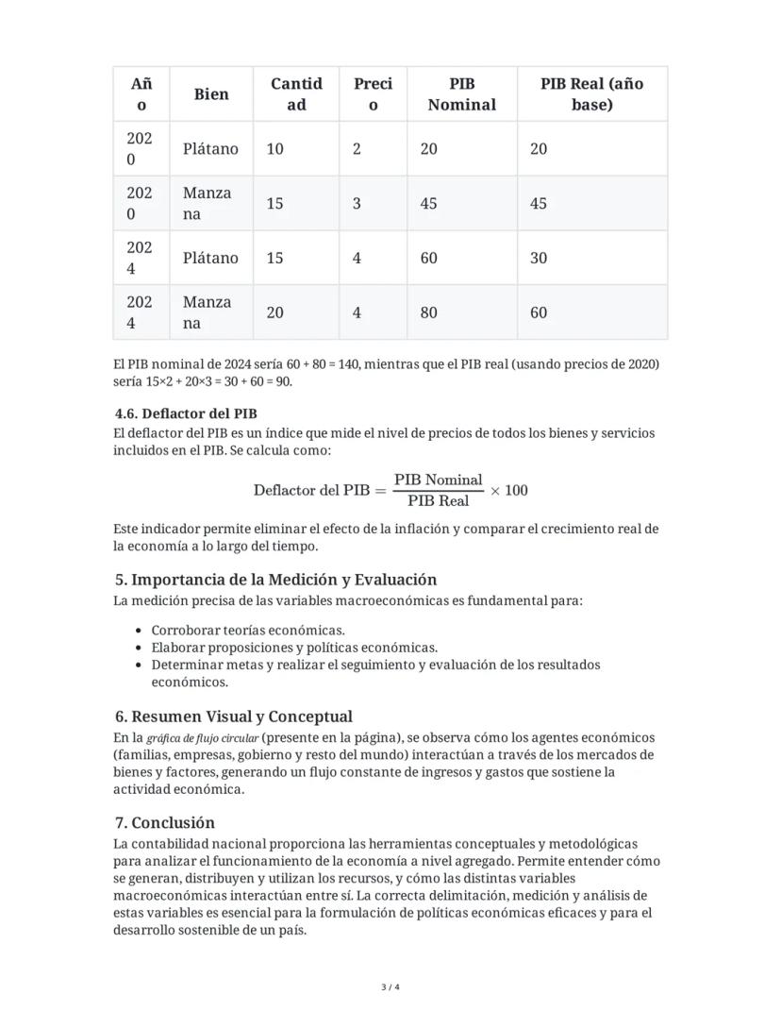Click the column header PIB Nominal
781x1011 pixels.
click(x=461, y=93)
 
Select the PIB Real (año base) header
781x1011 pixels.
click(x=591, y=93)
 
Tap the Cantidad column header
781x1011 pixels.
click(x=296, y=93)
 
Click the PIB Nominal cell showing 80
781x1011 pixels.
click(x=429, y=312)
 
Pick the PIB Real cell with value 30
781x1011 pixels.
click(x=539, y=258)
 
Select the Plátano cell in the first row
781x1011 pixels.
click(x=210, y=148)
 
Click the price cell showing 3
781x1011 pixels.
click(x=357, y=203)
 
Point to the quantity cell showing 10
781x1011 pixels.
click(x=274, y=148)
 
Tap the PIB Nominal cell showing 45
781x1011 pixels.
click(x=429, y=203)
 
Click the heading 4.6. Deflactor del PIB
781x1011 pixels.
click(x=186, y=413)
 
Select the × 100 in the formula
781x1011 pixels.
click(x=509, y=490)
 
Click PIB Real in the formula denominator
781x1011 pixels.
click(x=439, y=500)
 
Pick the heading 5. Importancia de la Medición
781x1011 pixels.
click(x=275, y=580)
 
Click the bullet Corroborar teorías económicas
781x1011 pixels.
click(x=248, y=631)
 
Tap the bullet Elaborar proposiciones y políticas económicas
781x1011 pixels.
click(x=294, y=648)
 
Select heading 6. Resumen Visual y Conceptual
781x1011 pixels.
click(x=233, y=716)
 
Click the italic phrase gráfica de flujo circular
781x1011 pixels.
click(x=203, y=738)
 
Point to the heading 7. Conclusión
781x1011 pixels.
click(x=164, y=822)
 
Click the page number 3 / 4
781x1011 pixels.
click(x=390, y=987)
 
